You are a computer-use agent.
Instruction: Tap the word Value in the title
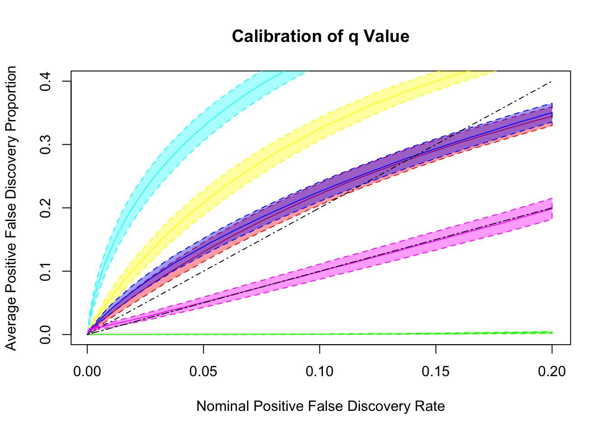coord(388,37)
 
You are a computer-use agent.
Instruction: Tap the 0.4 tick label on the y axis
coord(46,81)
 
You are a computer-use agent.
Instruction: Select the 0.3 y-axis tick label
coord(46,144)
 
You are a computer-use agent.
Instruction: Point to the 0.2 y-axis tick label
coord(46,208)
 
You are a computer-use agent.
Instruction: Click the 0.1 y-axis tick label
coord(46,271)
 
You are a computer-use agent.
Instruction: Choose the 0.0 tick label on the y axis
coord(46,334)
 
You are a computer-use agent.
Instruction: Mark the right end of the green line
coord(551,332)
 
